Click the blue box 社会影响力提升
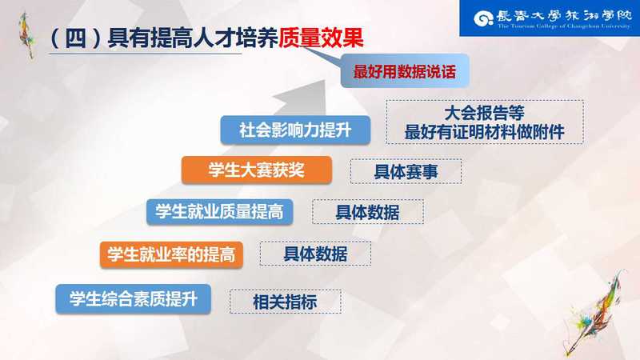295,130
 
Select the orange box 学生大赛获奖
256,170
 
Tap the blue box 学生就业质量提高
219,212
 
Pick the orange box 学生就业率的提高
171,254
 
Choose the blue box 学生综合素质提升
133,299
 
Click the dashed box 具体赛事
406,171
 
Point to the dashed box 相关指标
286,302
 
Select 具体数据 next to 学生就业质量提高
368,212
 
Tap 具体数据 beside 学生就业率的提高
315,254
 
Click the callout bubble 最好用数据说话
405,71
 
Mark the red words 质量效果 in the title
321,38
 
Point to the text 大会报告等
484,113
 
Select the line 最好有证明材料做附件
484,132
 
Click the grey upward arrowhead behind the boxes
302,96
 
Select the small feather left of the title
27,35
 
